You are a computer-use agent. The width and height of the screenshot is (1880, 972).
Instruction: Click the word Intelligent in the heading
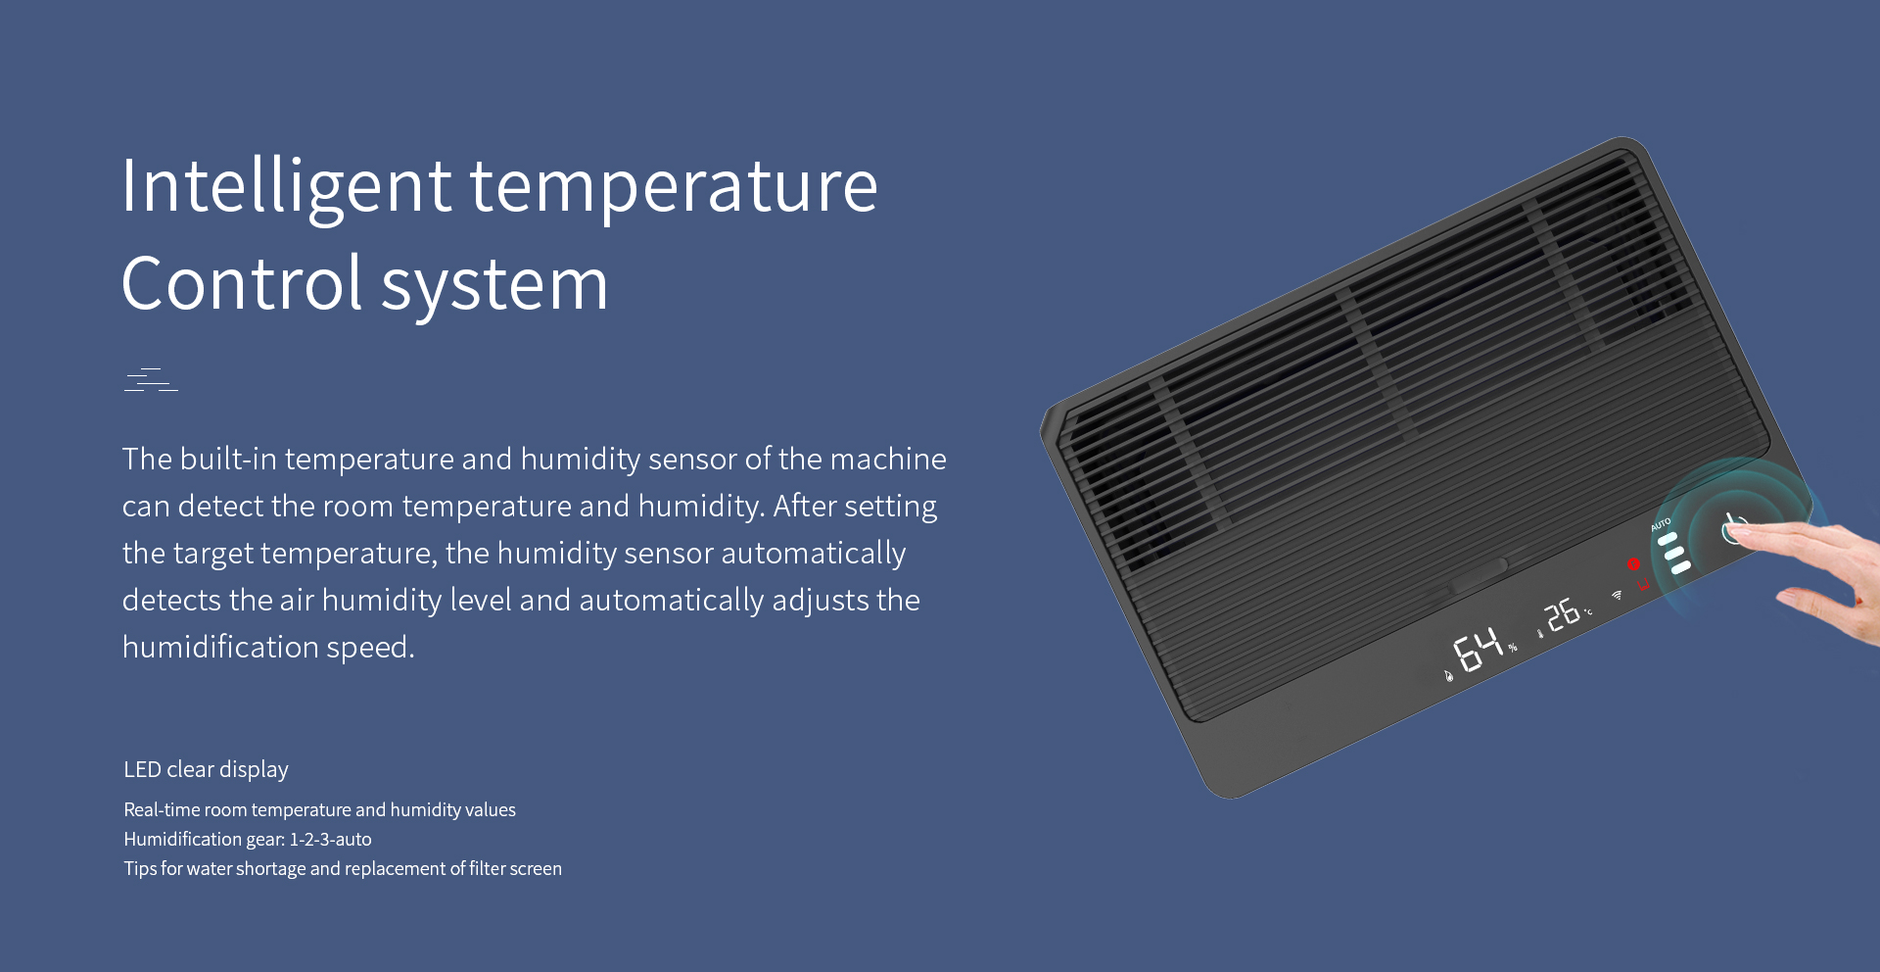click(x=287, y=187)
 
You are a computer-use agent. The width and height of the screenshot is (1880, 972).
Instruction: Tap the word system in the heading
click(x=494, y=287)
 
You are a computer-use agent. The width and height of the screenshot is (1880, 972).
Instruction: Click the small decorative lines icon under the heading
click(x=151, y=380)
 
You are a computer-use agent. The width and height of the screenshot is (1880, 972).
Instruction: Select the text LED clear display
click(x=206, y=770)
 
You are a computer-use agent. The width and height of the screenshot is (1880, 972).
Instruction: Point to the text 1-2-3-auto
click(x=330, y=840)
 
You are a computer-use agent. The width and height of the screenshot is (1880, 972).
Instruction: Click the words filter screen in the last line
click(x=515, y=869)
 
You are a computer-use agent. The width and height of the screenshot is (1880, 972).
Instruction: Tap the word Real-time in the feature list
click(x=162, y=810)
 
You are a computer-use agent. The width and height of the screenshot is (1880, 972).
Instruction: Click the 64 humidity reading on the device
click(x=1478, y=650)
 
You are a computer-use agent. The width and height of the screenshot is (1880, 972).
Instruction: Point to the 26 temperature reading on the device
click(x=1562, y=615)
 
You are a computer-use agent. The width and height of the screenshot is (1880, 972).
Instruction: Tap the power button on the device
click(x=1734, y=528)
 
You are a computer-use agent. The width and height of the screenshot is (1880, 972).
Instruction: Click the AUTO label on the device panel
click(x=1661, y=524)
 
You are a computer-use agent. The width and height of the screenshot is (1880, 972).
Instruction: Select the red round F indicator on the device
click(x=1633, y=564)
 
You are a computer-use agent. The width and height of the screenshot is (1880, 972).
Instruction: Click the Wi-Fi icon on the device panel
click(x=1617, y=595)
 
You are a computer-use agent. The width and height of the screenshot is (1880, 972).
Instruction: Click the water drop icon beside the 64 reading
click(x=1449, y=675)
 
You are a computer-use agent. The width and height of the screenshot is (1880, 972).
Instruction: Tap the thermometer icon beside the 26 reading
click(x=1540, y=634)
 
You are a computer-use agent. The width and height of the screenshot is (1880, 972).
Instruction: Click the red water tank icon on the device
click(x=1644, y=585)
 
